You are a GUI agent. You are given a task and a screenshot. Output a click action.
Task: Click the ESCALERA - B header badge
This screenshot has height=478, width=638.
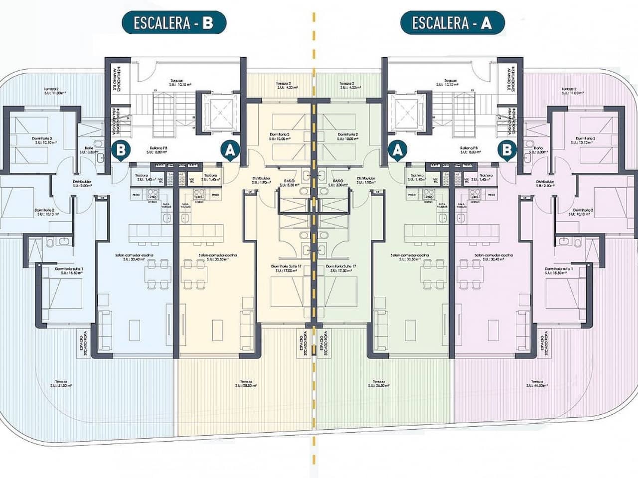(173, 23)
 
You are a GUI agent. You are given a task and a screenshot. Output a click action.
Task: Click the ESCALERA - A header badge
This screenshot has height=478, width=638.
(452, 23)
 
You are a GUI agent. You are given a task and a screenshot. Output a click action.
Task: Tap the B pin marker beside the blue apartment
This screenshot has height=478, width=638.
(121, 149)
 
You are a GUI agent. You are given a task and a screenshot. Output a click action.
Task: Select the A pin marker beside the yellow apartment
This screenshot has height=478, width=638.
(230, 149)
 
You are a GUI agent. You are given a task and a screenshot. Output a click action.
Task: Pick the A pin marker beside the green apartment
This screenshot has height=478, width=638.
(397, 149)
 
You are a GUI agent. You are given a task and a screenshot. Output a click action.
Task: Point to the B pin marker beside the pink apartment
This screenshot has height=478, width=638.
(507, 149)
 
